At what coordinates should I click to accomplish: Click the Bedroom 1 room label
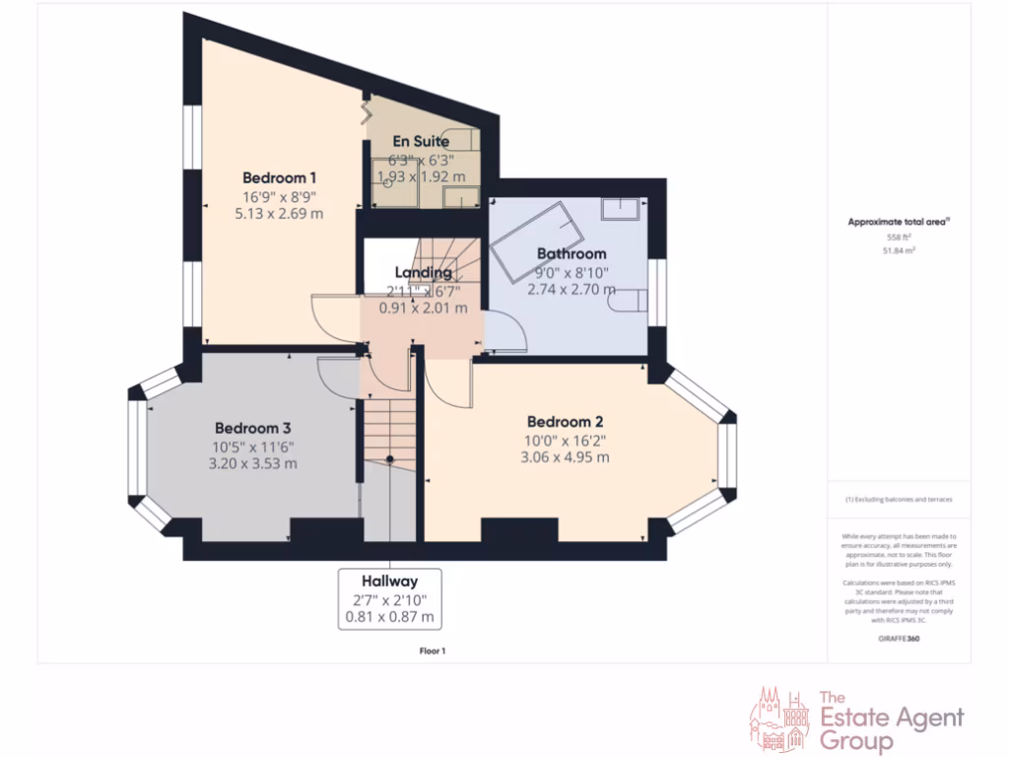(279, 178)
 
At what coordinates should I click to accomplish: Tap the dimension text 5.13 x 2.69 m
(279, 213)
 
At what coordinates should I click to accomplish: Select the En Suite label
(421, 142)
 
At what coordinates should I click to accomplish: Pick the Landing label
(424, 272)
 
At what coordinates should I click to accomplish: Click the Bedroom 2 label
(565, 422)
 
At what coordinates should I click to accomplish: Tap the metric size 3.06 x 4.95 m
(565, 457)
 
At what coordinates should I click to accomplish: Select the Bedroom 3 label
(252, 429)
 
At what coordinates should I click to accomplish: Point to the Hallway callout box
(389, 598)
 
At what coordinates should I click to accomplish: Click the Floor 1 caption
(433, 651)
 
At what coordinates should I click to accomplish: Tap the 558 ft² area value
(898, 238)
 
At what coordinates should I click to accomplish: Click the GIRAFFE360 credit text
(898, 639)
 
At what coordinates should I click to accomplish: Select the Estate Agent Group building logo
(780, 719)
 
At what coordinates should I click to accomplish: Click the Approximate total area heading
(898, 223)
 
